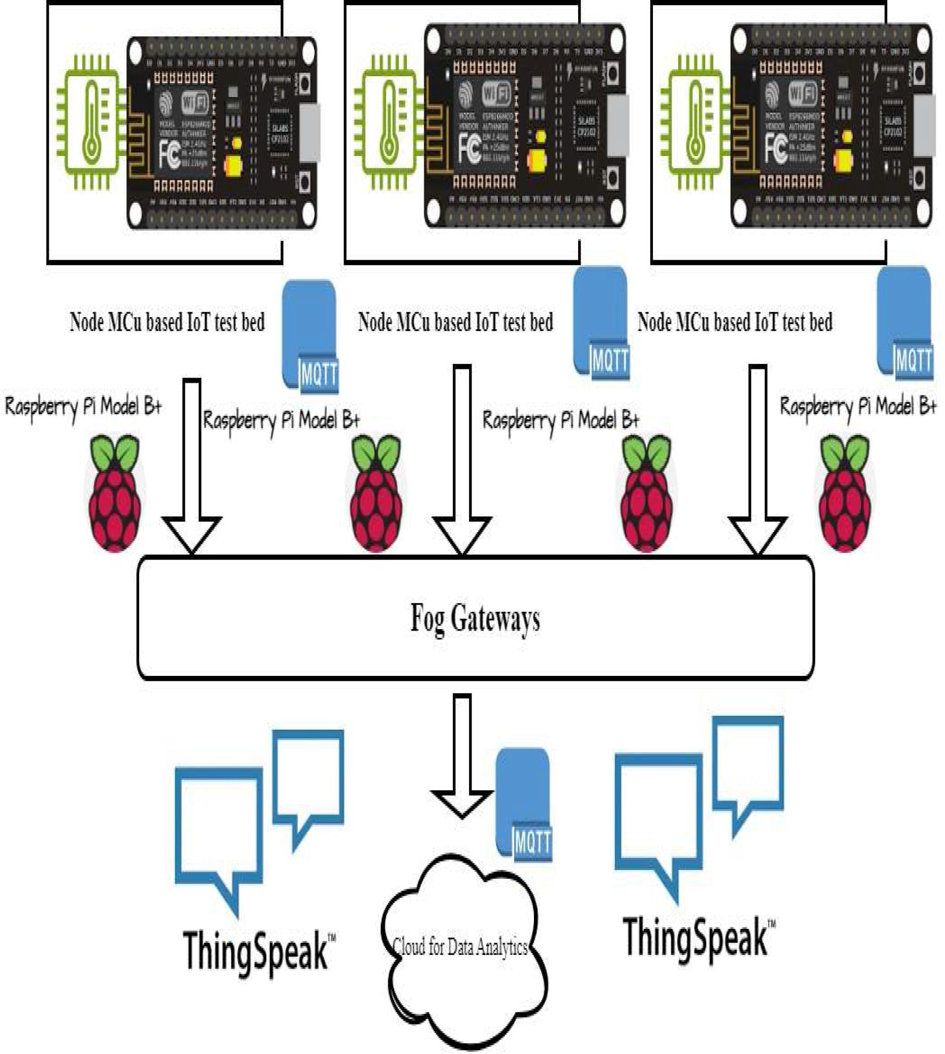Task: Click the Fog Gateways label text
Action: click(x=475, y=617)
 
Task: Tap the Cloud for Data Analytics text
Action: click(x=460, y=947)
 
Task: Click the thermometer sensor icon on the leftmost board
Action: click(x=91, y=121)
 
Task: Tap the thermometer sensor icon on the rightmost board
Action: click(x=694, y=121)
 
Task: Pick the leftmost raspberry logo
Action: click(x=115, y=494)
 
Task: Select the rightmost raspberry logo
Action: click(x=845, y=494)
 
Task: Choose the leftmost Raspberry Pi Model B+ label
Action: click(x=83, y=406)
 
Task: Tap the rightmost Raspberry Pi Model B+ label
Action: click(x=858, y=406)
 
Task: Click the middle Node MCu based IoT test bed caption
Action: click(x=455, y=322)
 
